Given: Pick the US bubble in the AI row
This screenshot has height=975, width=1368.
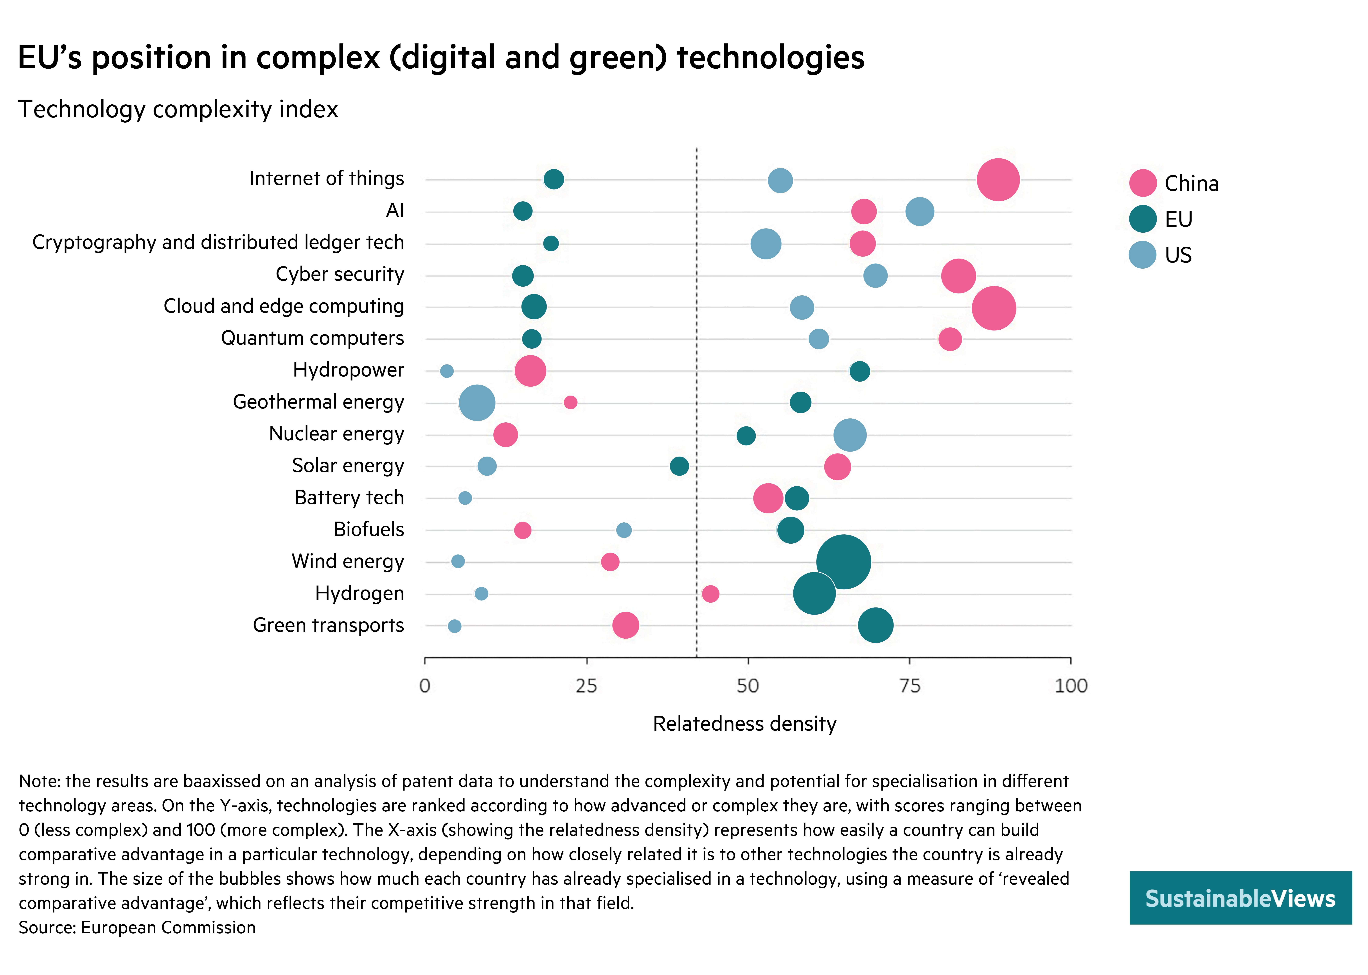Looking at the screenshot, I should click(919, 211).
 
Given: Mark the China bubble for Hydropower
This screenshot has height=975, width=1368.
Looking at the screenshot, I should click(530, 371).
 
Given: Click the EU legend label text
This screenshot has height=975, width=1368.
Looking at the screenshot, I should click(1178, 219).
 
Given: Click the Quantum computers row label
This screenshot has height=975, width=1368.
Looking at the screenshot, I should click(312, 338).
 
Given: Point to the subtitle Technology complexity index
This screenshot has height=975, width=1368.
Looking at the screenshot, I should click(178, 109).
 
